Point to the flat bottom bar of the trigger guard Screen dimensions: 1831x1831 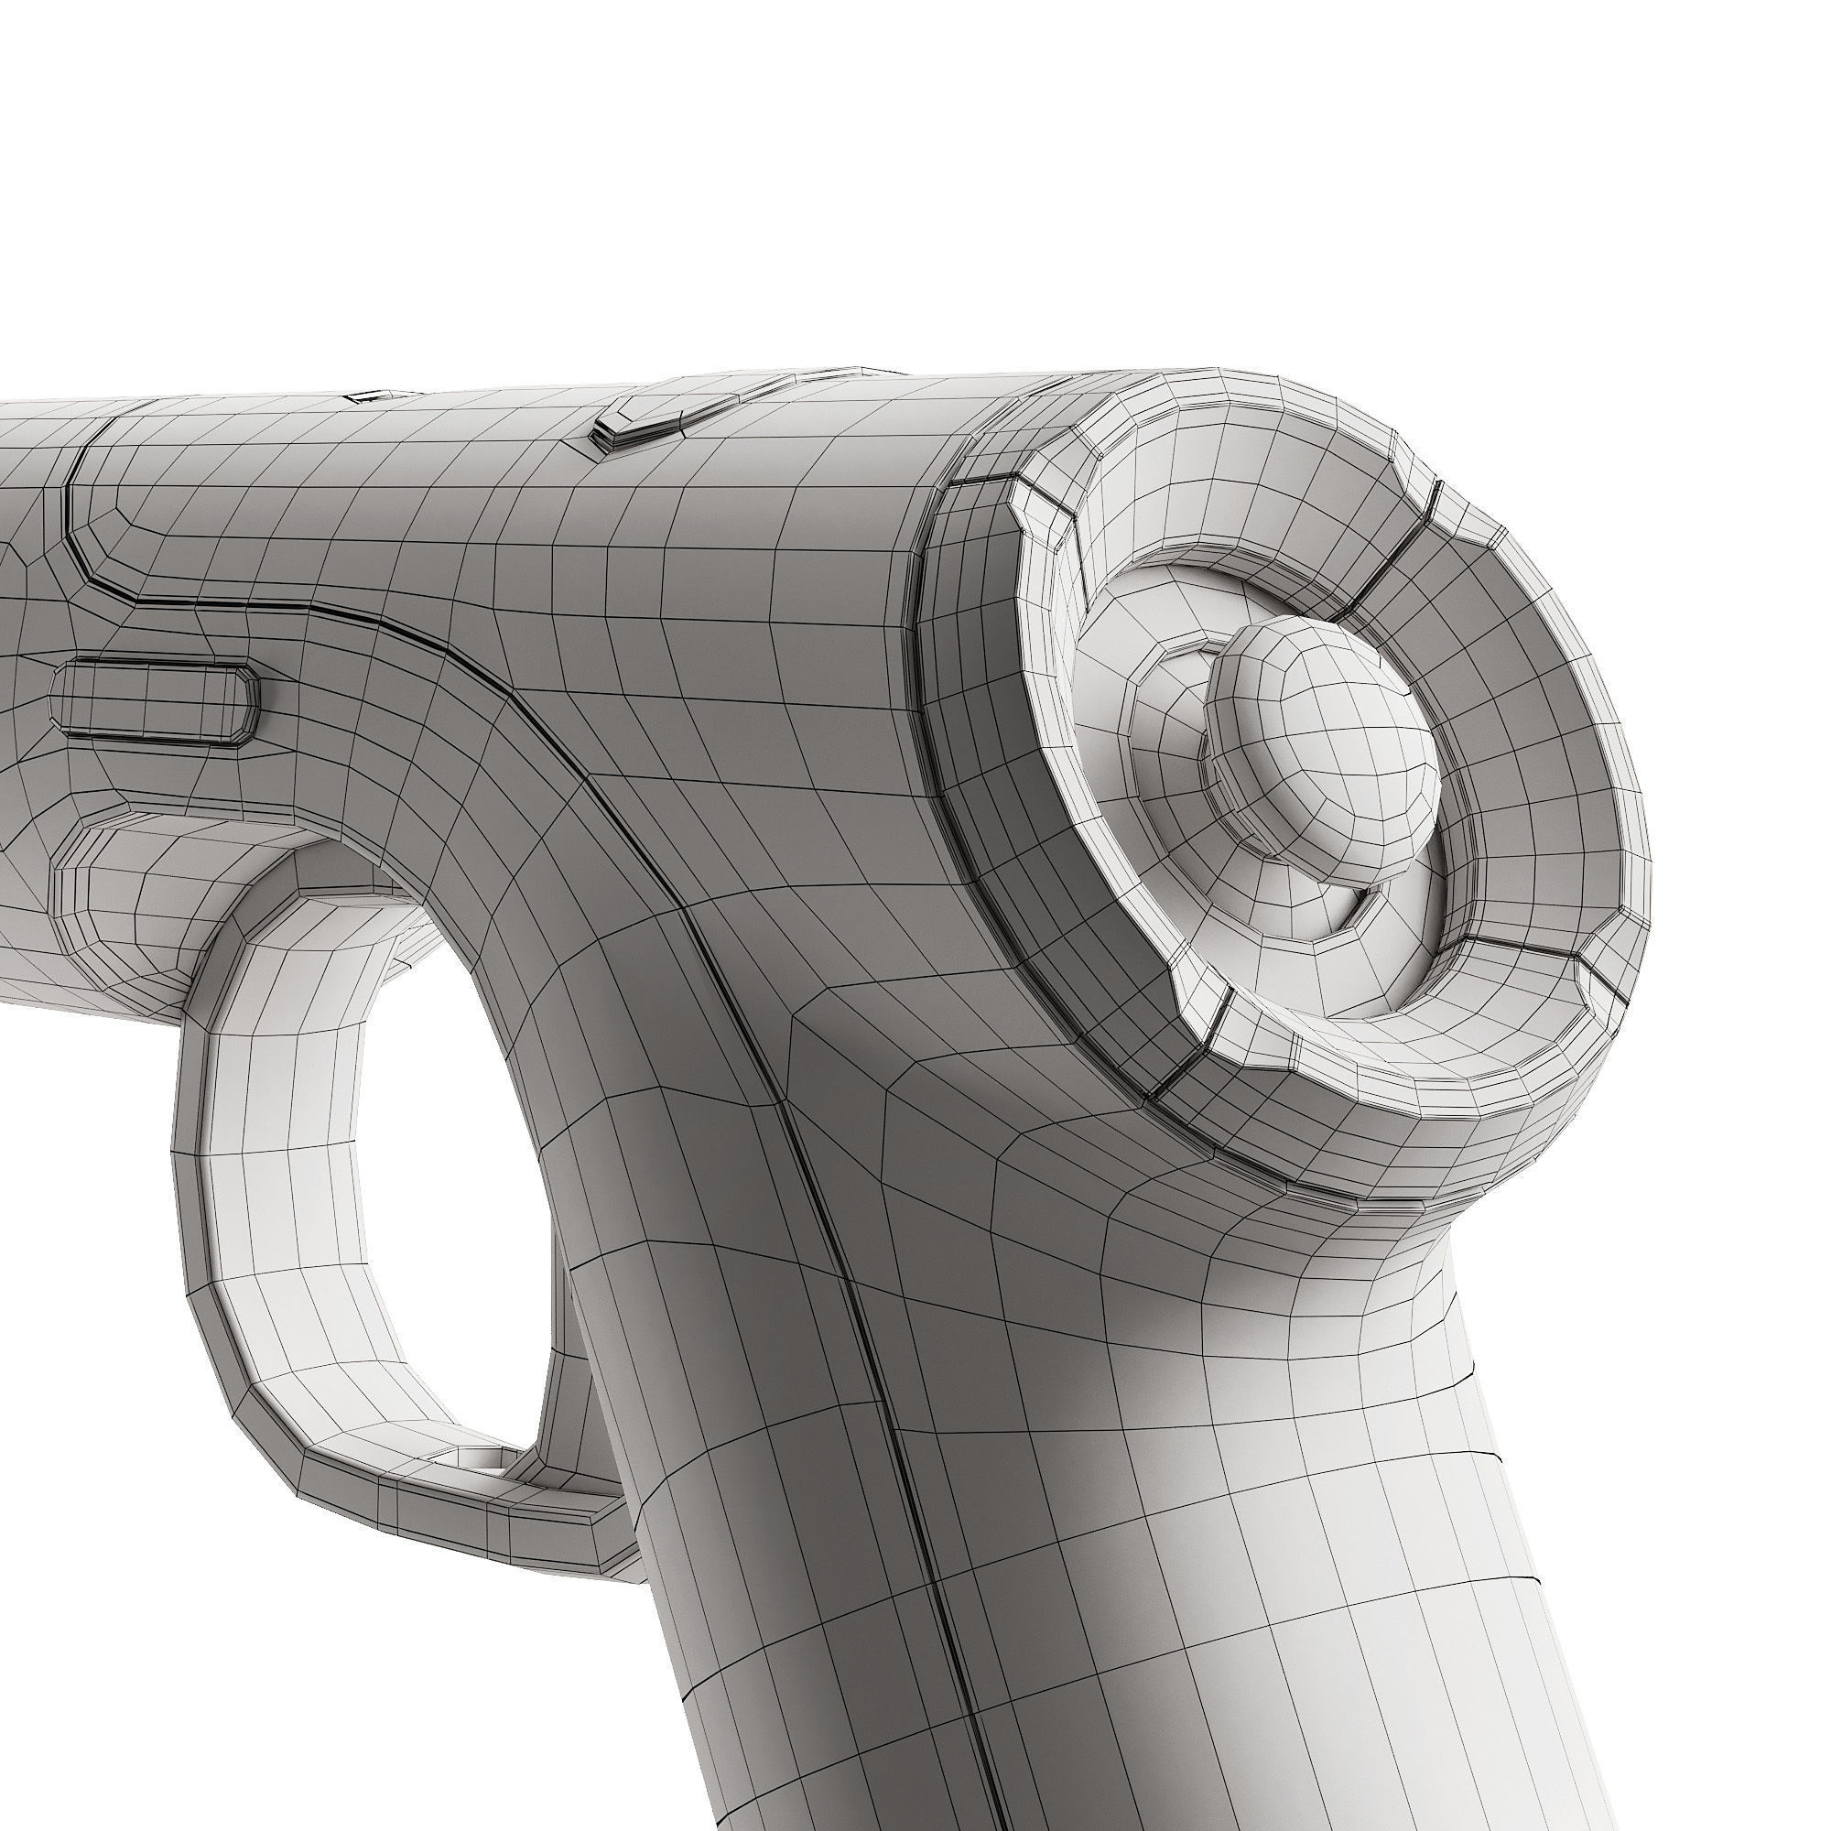455,1516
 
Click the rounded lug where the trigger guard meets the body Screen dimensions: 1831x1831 124,882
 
